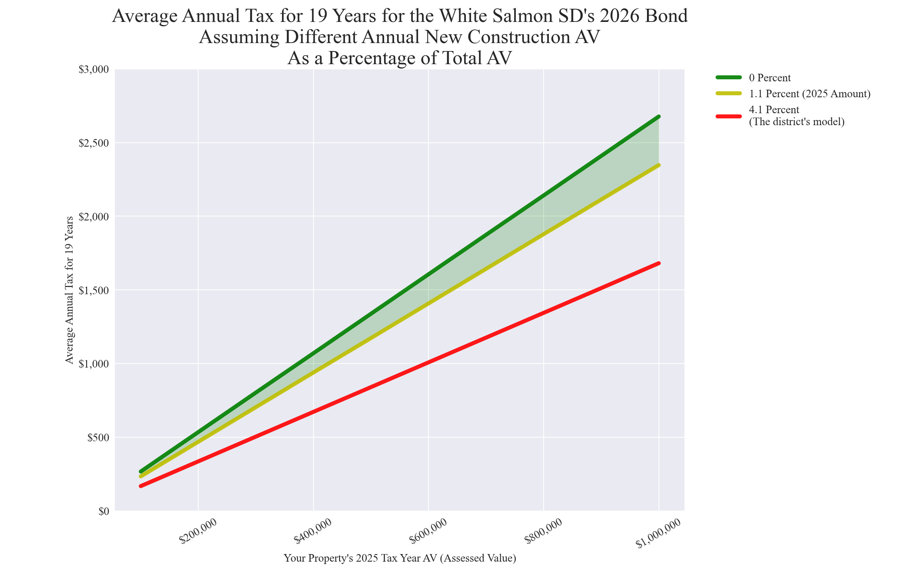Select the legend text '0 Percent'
coord(769,78)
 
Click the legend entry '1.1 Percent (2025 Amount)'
coord(810,94)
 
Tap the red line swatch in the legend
coord(729,116)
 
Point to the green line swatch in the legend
coord(729,77)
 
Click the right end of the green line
coord(659,116)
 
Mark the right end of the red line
coord(659,263)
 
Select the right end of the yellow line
coord(659,165)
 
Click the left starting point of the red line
coord(141,486)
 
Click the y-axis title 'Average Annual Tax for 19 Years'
coord(69,290)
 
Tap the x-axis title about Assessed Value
coord(400,558)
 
